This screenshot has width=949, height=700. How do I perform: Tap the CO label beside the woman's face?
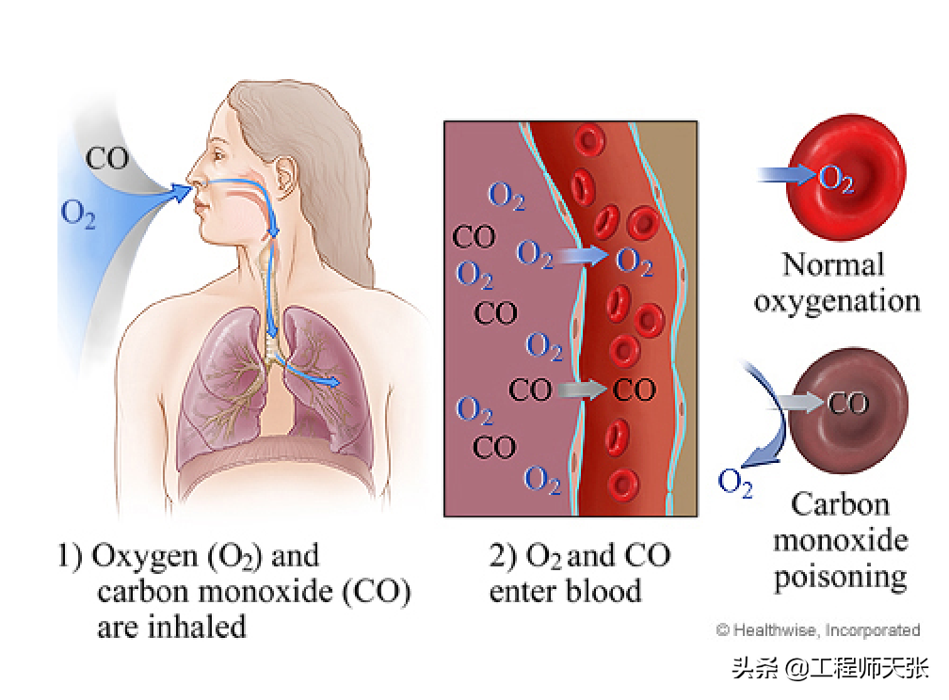[x=107, y=157]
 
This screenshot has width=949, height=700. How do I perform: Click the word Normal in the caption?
[x=833, y=265]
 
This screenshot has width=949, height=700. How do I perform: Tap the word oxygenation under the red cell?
[x=836, y=301]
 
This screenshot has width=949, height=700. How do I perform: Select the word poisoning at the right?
[x=840, y=575]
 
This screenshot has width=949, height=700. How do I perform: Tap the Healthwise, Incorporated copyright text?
[x=817, y=629]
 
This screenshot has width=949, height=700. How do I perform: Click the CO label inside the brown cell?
[x=848, y=405]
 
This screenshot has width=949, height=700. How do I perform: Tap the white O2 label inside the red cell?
[x=836, y=177]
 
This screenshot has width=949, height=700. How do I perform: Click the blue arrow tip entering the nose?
[x=181, y=192]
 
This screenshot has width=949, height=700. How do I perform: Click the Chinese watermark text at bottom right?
[x=829, y=669]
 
